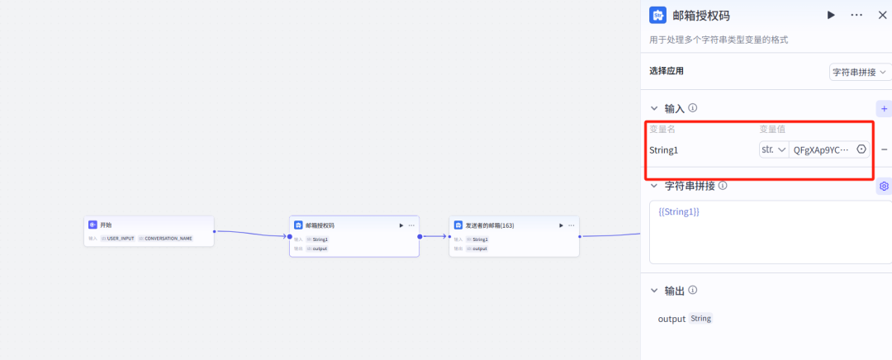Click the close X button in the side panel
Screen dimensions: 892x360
pos(881,15)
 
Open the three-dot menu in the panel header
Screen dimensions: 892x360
pos(856,15)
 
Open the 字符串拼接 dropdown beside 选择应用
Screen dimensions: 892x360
pos(860,72)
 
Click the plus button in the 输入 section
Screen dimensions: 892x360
pos(884,108)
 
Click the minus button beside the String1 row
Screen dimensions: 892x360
pos(885,149)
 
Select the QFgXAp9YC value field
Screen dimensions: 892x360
pos(821,149)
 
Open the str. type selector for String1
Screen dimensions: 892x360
pos(773,149)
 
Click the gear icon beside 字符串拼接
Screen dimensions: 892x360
pos(884,186)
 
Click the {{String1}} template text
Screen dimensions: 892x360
pos(679,212)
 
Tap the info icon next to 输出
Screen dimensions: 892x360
pos(693,290)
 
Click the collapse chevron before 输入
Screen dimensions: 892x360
pos(654,108)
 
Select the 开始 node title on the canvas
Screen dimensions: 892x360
pos(106,225)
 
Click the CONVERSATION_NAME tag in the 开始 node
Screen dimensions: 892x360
pos(168,239)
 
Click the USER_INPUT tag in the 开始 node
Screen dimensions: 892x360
pos(120,239)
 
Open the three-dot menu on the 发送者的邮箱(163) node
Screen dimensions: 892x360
pos(572,225)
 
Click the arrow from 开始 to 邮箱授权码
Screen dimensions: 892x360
pos(251,234)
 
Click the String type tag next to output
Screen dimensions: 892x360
pos(700,319)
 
